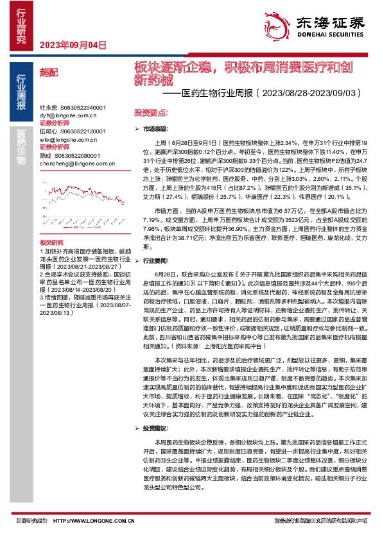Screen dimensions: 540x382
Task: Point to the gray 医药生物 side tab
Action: tap(21, 145)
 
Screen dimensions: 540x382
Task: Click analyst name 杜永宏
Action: tap(49, 107)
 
